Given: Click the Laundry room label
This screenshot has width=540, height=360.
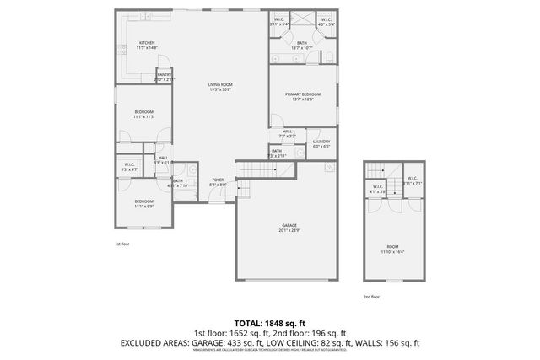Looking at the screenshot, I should click(321, 143).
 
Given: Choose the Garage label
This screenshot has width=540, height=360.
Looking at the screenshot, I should click(289, 227).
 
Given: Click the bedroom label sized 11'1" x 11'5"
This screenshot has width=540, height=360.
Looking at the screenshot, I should click(143, 114).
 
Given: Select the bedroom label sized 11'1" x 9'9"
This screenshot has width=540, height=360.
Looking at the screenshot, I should click(143, 203).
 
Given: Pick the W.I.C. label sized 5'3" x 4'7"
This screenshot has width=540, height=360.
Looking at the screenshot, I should click(129, 167).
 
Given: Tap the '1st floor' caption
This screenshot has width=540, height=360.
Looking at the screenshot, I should click(122, 244).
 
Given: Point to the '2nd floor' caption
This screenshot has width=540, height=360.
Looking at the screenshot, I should click(371, 297).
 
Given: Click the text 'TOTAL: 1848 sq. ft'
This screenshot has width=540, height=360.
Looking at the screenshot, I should click(269, 323).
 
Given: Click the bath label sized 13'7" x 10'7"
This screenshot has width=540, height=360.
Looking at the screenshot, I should click(301, 45).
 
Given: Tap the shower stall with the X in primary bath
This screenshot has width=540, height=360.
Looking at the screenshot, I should click(302, 23).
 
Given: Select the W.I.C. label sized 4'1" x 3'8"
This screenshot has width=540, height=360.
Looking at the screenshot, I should click(378, 188).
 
